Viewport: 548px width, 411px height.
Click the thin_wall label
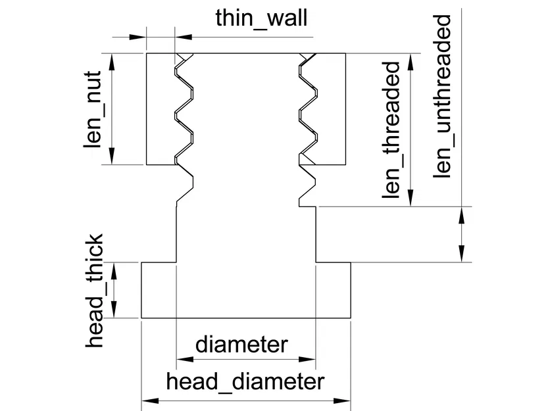(261, 18)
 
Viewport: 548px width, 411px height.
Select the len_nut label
(93, 109)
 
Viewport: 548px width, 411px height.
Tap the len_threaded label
(392, 130)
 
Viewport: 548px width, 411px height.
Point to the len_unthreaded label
(443, 95)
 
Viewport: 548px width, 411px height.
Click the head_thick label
(96, 290)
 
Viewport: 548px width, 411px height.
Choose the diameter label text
(241, 344)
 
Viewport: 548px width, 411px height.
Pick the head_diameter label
(245, 381)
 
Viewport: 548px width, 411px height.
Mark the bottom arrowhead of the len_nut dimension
(112, 157)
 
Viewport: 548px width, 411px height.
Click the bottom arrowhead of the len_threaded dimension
(412, 200)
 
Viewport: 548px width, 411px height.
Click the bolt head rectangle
(246, 290)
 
